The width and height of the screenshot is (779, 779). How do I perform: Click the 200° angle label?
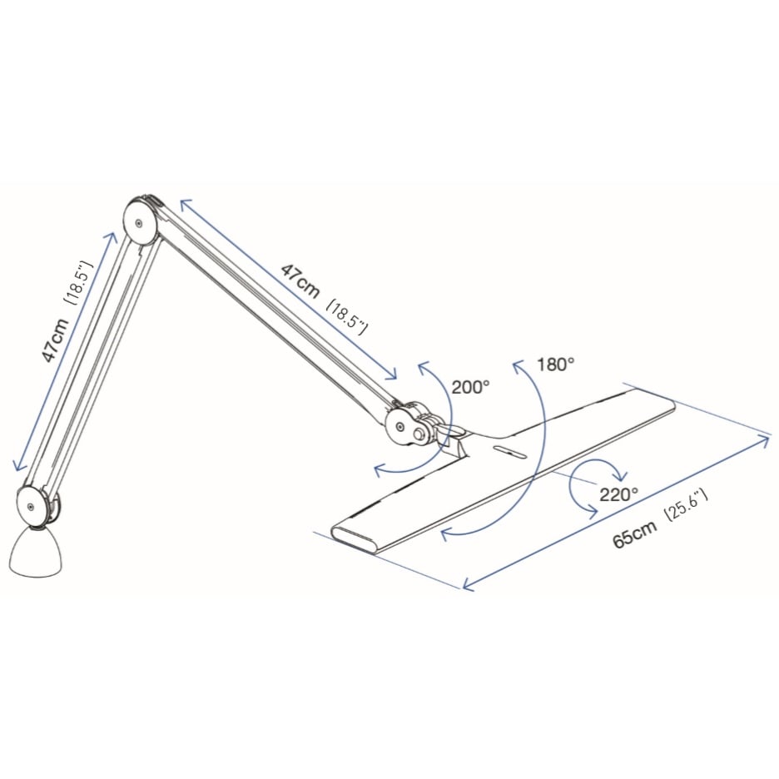[470, 386]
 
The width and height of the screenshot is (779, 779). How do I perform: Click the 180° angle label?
[555, 365]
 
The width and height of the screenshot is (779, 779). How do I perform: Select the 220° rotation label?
[618, 494]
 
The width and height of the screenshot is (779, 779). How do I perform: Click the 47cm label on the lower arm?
[56, 340]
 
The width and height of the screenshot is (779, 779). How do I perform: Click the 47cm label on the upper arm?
[300, 281]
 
